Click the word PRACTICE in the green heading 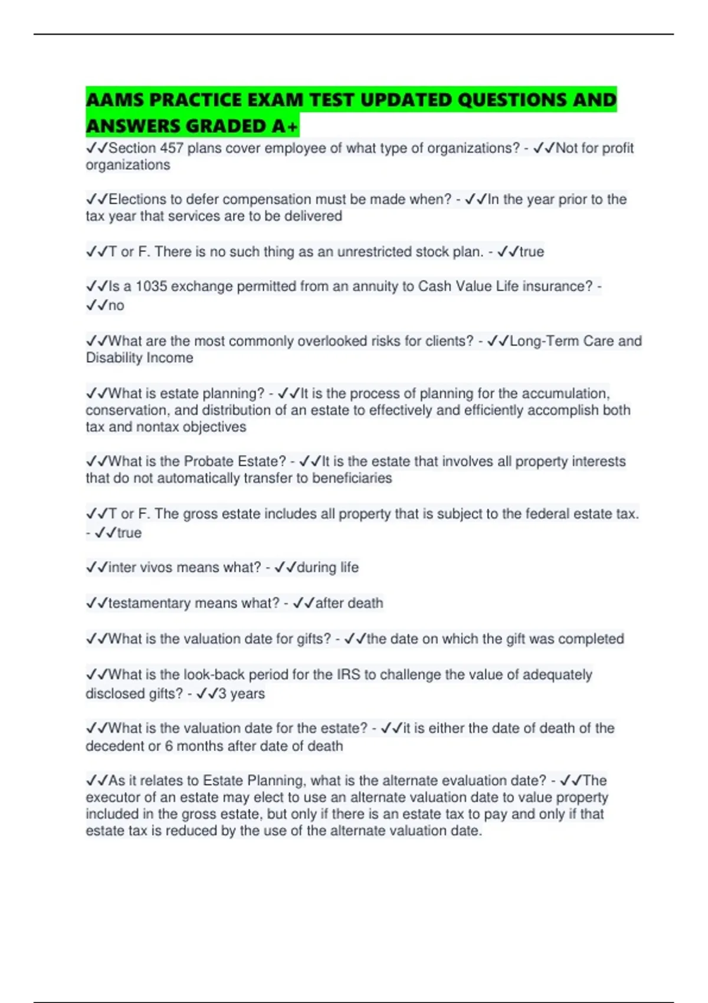coord(195,100)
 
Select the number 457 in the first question coord(171,148)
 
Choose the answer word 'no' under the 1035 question coord(116,306)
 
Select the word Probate coord(210,461)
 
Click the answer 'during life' coord(327,568)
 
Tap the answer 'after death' coord(349,603)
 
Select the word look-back coord(214,674)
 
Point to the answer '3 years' coord(241,694)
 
